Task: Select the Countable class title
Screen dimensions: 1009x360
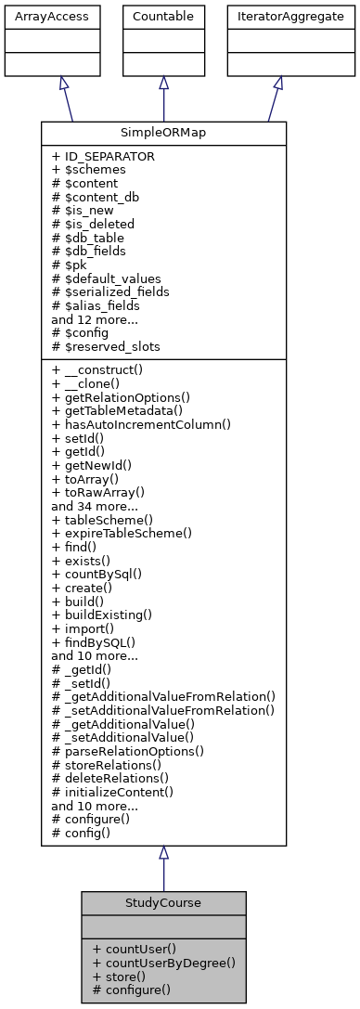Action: point(163,17)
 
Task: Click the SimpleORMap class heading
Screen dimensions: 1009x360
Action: point(163,133)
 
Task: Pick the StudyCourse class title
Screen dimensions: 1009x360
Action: point(163,902)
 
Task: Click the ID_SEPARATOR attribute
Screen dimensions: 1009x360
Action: point(103,156)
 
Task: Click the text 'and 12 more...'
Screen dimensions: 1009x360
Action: point(94,318)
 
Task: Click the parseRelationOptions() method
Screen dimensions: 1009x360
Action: point(129,750)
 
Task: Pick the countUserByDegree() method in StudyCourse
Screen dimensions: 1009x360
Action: point(164,963)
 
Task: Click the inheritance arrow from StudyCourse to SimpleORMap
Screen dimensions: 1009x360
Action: point(163,868)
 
